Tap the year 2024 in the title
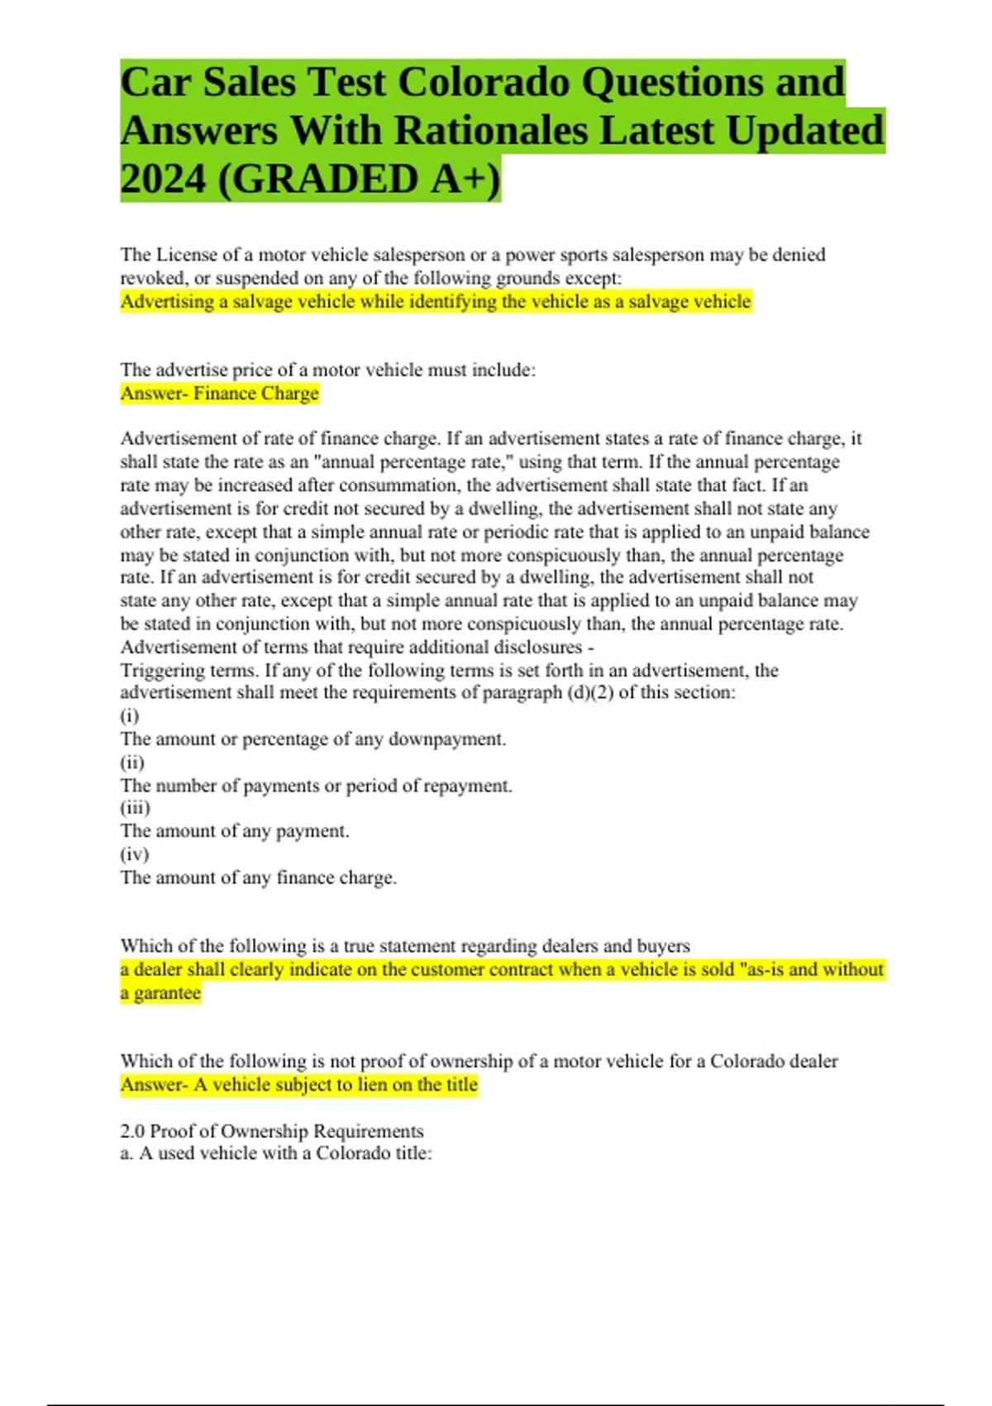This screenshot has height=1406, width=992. tap(162, 179)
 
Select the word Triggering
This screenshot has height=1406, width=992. tap(162, 671)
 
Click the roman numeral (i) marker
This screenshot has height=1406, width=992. tap(130, 715)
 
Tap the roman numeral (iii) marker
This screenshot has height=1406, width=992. tap(136, 808)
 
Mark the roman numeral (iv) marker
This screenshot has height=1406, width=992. tap(135, 854)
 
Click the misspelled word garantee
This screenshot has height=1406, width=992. tap(167, 993)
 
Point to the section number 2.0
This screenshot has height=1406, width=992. tap(132, 1131)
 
